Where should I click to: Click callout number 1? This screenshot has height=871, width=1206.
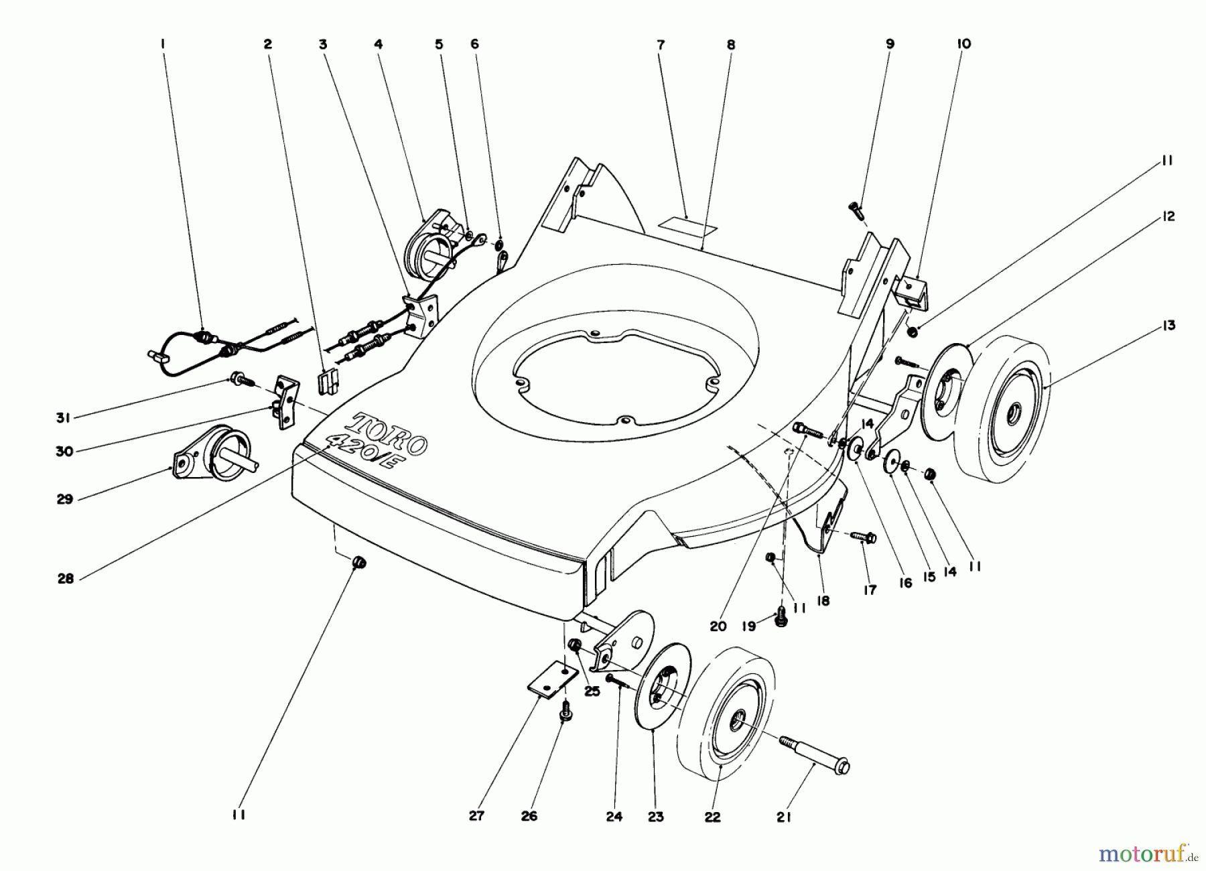(x=162, y=44)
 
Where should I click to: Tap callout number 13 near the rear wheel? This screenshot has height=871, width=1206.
(x=1168, y=326)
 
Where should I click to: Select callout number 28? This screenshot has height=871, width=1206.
(x=65, y=580)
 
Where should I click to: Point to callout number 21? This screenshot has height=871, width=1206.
(x=784, y=817)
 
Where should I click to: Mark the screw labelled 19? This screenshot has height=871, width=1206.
(x=780, y=617)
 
